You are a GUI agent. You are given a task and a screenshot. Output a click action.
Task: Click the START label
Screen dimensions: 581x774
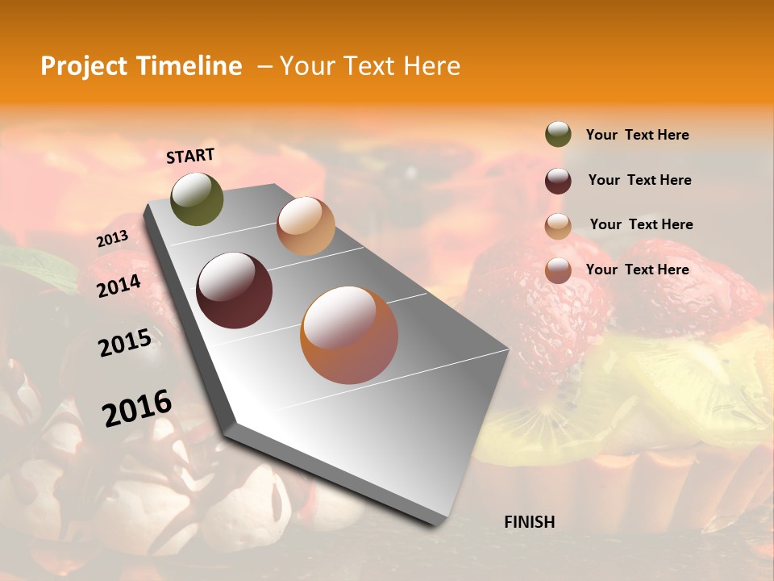[190, 156]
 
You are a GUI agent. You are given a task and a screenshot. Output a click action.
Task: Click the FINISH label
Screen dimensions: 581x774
[529, 522]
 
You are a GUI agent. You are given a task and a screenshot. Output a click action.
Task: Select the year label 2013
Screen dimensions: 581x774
[112, 239]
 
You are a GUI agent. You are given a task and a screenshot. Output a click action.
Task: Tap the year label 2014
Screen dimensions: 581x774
[119, 286]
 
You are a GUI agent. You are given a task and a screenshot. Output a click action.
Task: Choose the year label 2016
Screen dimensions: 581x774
[137, 408]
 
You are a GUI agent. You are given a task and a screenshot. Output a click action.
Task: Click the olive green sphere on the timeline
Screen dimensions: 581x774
[198, 199]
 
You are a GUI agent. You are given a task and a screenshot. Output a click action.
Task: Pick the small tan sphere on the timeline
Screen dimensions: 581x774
[306, 226]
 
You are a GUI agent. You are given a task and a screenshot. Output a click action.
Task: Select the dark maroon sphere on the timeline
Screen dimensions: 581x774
[235, 290]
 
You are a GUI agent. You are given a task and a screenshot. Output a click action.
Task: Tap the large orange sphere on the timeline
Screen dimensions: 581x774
[349, 335]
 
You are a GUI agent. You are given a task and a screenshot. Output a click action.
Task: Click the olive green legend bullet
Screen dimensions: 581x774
[558, 135]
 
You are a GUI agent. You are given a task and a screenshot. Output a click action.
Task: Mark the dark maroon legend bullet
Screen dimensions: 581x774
[558, 181]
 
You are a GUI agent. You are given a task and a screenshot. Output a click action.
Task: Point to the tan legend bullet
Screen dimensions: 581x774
[558, 226]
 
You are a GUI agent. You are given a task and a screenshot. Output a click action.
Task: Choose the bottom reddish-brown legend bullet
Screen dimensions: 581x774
[558, 270]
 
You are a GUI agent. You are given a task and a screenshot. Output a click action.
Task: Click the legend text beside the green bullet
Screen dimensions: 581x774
[637, 136]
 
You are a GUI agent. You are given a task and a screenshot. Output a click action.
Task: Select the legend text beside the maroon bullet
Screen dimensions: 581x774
[639, 181]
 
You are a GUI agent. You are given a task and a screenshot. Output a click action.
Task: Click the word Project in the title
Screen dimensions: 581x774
[84, 67]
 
